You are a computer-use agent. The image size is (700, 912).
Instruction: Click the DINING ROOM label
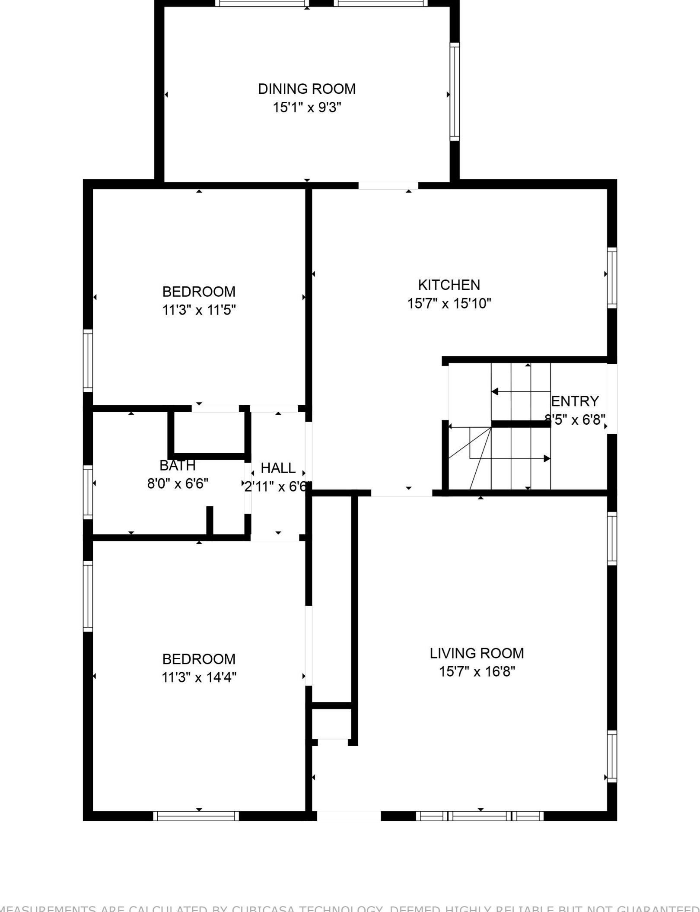tap(307, 89)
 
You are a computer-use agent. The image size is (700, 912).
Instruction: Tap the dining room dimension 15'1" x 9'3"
tap(307, 108)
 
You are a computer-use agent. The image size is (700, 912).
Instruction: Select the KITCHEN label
tap(449, 285)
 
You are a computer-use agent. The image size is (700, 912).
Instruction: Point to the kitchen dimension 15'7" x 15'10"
tap(449, 304)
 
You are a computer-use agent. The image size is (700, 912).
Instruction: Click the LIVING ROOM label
tap(477, 653)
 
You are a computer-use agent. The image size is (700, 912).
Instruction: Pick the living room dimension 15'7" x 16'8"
tap(477, 672)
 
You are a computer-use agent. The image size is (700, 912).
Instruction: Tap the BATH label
tap(178, 466)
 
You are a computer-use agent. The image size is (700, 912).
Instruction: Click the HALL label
tap(278, 468)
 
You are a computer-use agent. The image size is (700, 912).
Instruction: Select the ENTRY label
tap(575, 401)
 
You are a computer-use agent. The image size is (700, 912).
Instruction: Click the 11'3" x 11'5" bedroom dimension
tap(199, 310)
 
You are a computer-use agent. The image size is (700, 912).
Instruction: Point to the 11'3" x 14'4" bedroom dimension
tap(199, 677)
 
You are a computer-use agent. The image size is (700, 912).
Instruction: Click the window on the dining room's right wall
tap(455, 92)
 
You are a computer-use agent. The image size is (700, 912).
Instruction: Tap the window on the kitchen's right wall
tap(612, 278)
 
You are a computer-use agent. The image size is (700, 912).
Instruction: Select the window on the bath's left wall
tap(88, 492)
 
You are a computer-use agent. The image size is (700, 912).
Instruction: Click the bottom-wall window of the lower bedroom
tap(196, 816)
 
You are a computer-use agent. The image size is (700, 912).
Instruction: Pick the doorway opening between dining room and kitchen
tap(388, 186)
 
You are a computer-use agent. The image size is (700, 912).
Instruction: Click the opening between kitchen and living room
tap(401, 493)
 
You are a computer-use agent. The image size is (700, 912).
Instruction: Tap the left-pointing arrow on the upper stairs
tap(495, 392)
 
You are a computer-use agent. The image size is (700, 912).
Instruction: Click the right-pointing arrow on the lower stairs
tap(547, 458)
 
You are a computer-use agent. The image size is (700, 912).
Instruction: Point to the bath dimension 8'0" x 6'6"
tap(178, 484)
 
